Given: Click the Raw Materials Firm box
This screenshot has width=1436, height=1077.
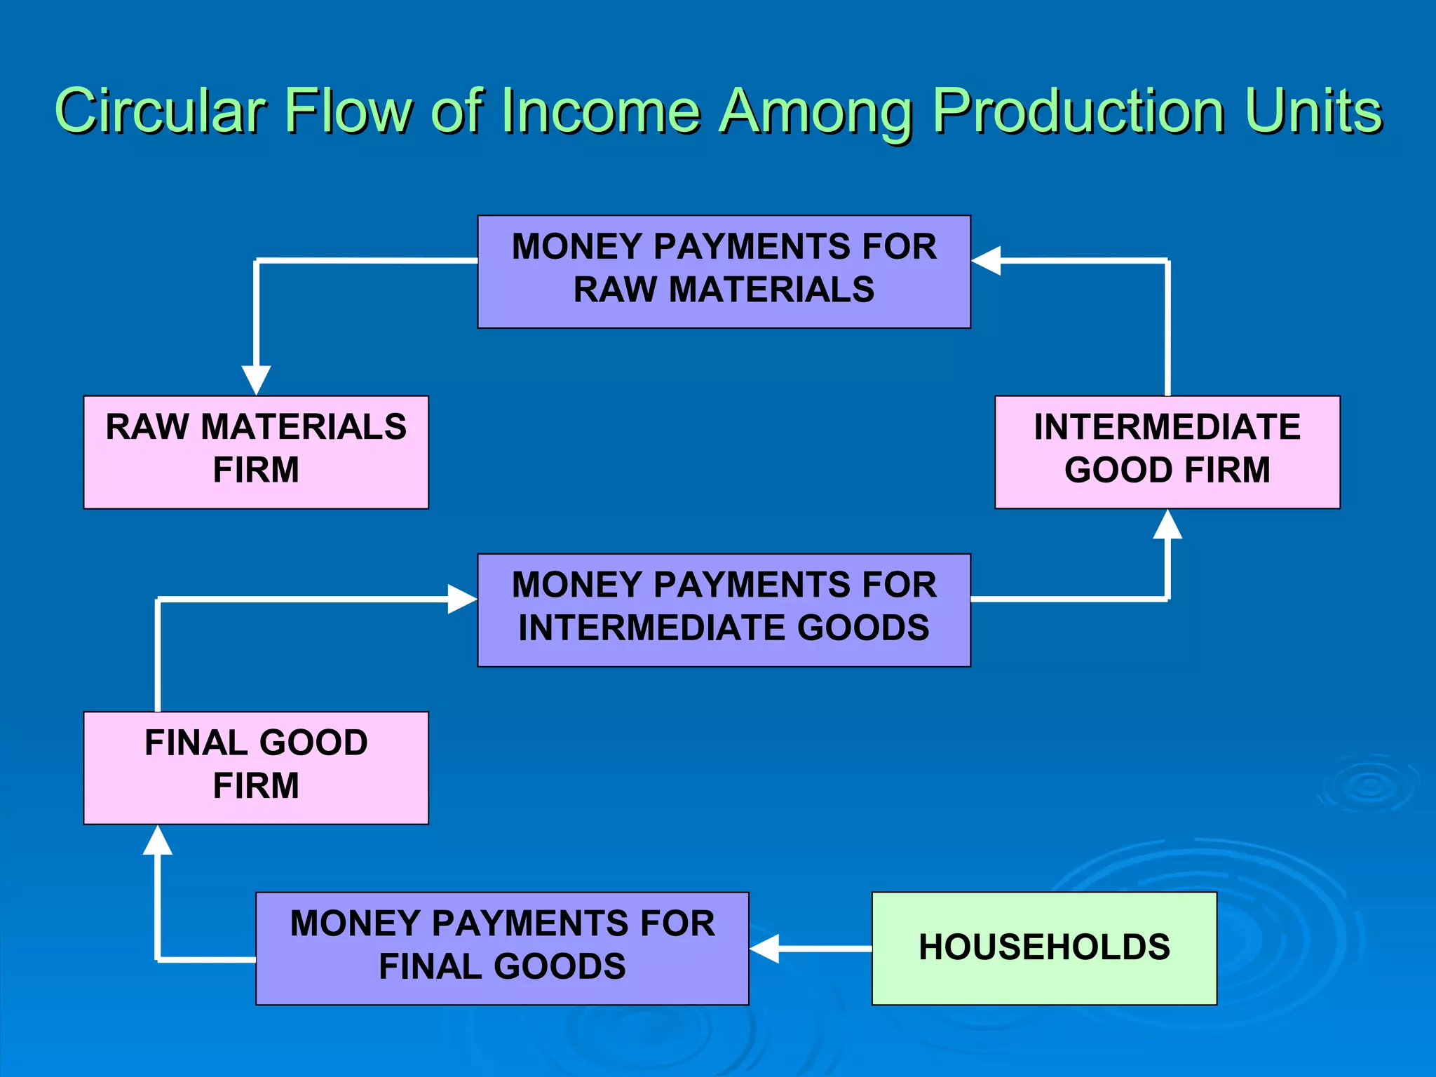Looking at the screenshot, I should pos(256,452).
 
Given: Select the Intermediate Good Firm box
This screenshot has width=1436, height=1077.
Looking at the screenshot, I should pos(1167,452).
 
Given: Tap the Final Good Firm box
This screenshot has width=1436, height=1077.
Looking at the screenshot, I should pos(256,768).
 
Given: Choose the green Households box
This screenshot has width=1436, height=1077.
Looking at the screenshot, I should pos(1044,948).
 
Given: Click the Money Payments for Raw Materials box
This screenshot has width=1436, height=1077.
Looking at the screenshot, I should pos(724,271).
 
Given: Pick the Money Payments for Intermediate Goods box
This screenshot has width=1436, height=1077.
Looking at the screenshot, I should pos(724,610).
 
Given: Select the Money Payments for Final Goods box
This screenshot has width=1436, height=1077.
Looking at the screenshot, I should pos(502,948).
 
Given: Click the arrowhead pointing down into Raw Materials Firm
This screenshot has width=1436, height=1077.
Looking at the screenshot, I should pos(256,380).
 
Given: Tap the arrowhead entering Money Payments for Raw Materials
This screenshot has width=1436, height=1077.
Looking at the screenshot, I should pos(986,260).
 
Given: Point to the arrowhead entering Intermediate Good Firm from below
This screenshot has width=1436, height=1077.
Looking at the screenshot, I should pos(1167,524).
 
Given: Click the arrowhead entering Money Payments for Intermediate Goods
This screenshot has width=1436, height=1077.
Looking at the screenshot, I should pos(463,599).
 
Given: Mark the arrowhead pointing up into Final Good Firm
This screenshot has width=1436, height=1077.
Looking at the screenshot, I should pos(158,840).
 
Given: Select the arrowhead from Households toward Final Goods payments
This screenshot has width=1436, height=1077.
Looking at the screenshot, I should pos(764,948).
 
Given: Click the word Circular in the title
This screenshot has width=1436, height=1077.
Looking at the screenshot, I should pos(160,111).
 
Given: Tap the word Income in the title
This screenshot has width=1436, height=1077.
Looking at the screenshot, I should pos(600,111).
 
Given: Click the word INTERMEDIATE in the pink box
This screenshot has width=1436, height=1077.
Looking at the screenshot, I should pos(1167,427).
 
